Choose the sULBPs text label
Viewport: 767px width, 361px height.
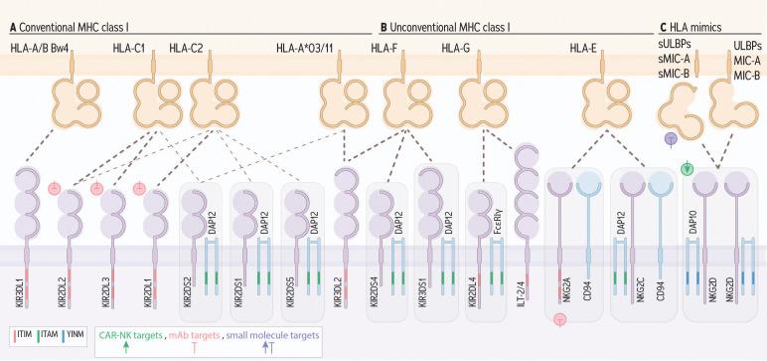[675, 46]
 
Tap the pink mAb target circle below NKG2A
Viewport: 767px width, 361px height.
[561, 319]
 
